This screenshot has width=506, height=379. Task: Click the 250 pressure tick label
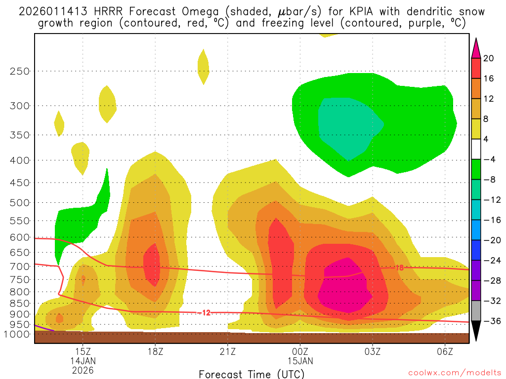point(20,71)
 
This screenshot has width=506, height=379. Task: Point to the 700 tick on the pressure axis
point(20,266)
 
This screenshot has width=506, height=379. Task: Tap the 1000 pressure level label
point(17,334)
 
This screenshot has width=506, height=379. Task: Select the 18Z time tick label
point(155,351)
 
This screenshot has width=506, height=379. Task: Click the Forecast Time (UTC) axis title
point(252,374)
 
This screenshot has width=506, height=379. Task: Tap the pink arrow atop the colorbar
point(476,48)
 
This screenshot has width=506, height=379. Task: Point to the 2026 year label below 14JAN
point(83,370)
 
